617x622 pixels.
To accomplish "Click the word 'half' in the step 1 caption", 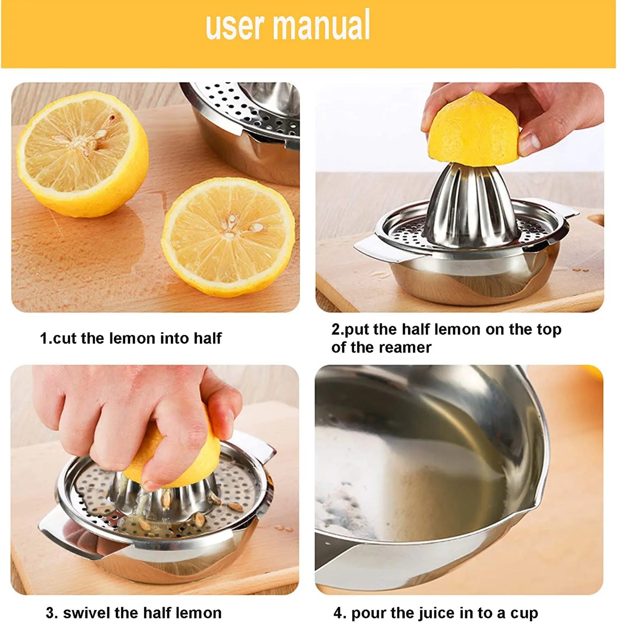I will [208, 338].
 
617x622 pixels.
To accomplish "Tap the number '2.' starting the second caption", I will [337, 330].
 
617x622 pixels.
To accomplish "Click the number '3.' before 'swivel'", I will [52, 613].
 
